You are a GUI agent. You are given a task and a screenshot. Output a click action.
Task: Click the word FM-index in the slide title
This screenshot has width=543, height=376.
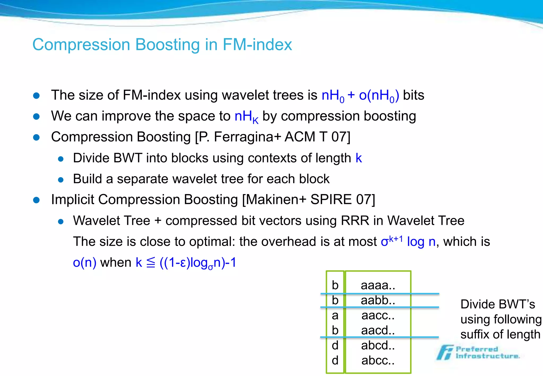coord(257,45)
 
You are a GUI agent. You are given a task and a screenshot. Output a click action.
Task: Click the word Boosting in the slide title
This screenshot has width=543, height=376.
coord(168,45)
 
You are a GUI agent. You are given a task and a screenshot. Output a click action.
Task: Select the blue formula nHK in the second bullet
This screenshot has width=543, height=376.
coord(246,117)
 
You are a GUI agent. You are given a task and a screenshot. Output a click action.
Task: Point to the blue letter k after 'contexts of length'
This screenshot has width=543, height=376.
coord(359,158)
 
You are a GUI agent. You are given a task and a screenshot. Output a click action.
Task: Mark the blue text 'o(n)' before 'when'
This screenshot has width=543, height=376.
coord(85,263)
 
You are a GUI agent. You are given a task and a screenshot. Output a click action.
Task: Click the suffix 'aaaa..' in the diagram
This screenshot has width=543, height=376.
coord(378,285)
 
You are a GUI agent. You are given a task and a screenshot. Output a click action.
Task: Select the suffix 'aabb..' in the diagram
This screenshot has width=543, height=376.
coord(378,300)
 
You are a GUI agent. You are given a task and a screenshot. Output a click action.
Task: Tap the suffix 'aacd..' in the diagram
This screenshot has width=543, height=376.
coord(378,330)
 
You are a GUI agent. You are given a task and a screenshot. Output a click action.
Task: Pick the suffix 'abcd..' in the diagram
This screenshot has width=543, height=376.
coord(378,346)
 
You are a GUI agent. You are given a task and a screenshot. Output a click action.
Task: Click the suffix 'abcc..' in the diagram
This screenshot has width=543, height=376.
coord(378,361)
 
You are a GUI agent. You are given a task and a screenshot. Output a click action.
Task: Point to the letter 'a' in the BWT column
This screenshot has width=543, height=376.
coord(335,316)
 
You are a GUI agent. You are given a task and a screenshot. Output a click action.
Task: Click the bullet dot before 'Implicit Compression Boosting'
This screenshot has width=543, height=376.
coord(36,200)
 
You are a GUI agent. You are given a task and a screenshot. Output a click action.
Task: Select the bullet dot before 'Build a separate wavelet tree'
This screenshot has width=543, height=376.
coord(61,180)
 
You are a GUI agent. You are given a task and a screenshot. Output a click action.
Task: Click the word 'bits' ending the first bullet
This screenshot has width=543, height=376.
coord(413,95)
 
